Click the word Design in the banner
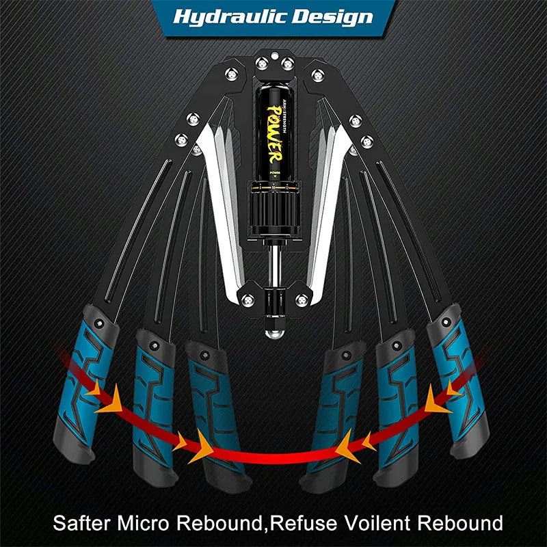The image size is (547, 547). (x=333, y=16)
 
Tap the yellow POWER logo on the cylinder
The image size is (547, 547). (x=275, y=134)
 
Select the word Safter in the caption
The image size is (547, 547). (x=81, y=522)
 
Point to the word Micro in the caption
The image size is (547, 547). (x=143, y=522)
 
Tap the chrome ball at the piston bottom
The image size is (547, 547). (x=275, y=333)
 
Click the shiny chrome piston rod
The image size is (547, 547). (x=275, y=265)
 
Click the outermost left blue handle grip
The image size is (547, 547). (x=85, y=384)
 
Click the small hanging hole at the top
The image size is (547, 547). (x=275, y=55)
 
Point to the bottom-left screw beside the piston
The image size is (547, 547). (x=248, y=299)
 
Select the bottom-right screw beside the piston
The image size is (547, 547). (x=302, y=299)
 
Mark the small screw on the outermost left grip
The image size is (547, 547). (x=99, y=323)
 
